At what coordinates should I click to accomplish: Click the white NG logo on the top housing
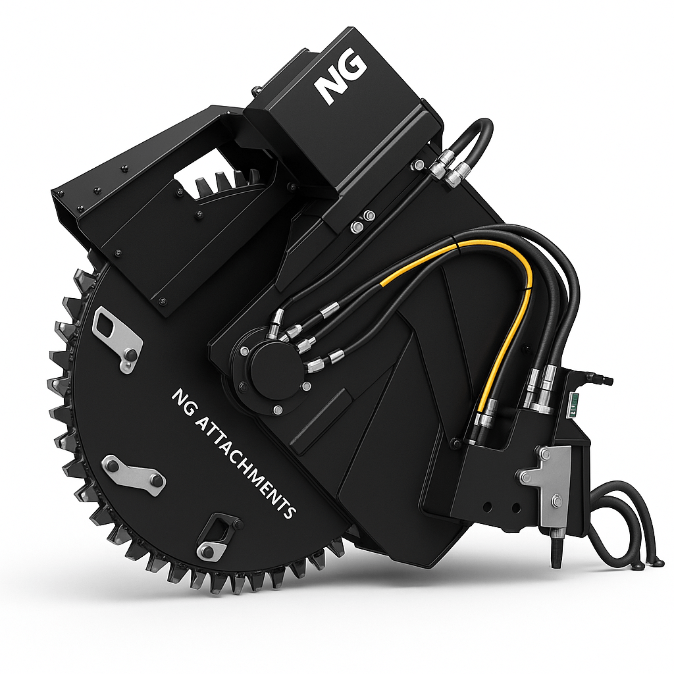tap(340, 78)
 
